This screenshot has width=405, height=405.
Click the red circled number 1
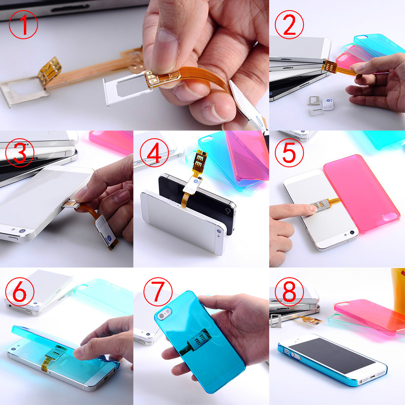23,25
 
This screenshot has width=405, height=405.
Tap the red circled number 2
289,25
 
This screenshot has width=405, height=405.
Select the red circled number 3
20,153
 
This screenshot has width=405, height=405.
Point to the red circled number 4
154,153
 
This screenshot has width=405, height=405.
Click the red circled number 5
289,153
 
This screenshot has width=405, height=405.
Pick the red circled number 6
20,292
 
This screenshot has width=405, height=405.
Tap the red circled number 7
158,292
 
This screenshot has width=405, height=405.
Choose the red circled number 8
289,292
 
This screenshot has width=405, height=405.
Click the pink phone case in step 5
362,194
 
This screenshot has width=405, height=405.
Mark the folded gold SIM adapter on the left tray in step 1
50,69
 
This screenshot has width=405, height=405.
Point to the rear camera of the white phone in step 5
352,233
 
